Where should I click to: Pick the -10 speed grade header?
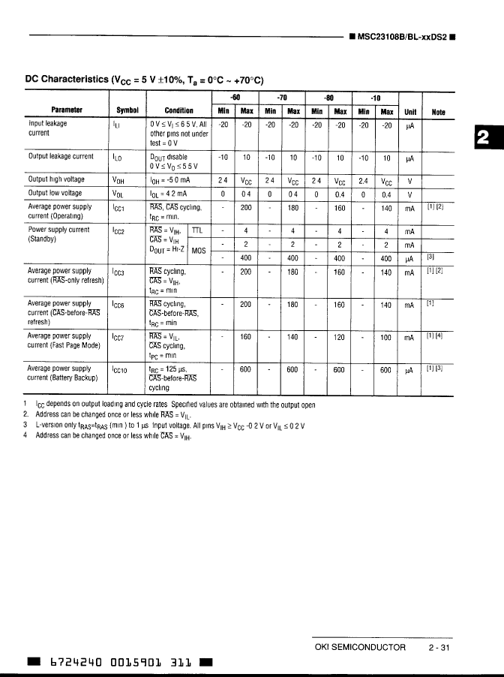coord(376,98)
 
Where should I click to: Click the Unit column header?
coord(410,111)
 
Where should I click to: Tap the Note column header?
coord(438,111)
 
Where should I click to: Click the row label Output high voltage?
coord(56,180)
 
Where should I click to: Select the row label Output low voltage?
coord(55,193)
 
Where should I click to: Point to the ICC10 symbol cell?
coord(122,370)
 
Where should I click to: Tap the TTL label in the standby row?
coord(197,231)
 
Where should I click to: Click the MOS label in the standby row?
coord(199,251)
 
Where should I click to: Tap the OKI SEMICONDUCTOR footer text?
coord(359,647)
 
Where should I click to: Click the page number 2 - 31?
coord(438,647)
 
